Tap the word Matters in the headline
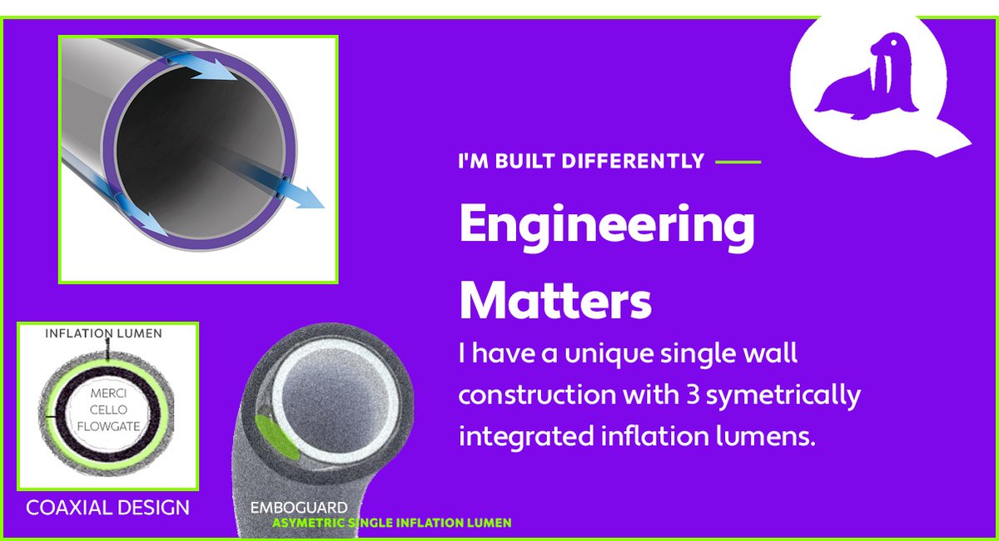555,300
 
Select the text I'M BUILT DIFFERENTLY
581,161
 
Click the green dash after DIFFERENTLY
738,161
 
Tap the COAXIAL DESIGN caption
107,507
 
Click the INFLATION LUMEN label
104,333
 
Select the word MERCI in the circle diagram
107,394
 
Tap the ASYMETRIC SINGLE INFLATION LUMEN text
391,523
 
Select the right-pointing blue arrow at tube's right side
301,197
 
